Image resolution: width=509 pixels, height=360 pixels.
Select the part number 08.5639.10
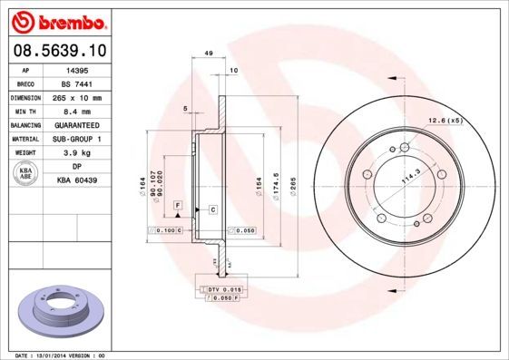[60, 51]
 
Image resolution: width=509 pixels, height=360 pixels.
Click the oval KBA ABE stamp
[26, 174]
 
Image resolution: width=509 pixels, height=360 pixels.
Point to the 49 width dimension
[209, 54]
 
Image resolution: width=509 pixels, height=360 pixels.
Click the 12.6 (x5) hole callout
[445, 120]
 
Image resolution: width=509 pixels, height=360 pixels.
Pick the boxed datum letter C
[212, 209]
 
